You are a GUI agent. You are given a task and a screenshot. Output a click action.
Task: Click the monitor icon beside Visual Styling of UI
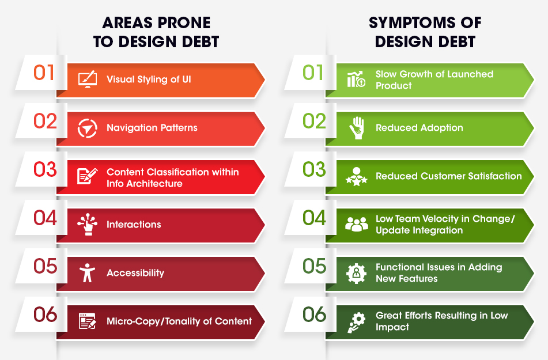point(88,79)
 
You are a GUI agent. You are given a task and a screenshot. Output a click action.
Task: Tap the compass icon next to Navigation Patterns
point(88,128)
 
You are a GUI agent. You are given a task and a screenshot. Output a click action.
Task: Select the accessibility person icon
point(87,272)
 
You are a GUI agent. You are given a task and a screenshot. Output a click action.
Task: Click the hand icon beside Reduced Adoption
point(357,128)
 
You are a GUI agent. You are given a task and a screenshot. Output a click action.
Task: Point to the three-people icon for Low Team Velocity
point(357,224)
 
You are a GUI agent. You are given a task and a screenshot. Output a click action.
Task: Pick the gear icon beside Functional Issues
point(357,273)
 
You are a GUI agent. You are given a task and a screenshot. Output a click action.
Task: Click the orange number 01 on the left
point(44,73)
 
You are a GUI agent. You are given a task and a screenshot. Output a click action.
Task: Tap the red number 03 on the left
point(45,169)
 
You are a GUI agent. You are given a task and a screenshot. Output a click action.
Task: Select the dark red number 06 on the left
point(46,314)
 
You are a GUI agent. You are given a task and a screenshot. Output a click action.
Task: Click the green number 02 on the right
point(314,122)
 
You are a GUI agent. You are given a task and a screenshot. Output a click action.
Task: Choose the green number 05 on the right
point(315,266)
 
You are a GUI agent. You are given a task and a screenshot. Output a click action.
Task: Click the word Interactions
point(134,225)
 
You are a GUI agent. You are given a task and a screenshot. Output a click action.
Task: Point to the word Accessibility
point(135,273)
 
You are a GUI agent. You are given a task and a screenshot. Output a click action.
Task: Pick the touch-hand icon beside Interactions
point(88,224)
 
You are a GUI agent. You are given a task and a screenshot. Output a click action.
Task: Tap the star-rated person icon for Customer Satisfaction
point(357,176)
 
